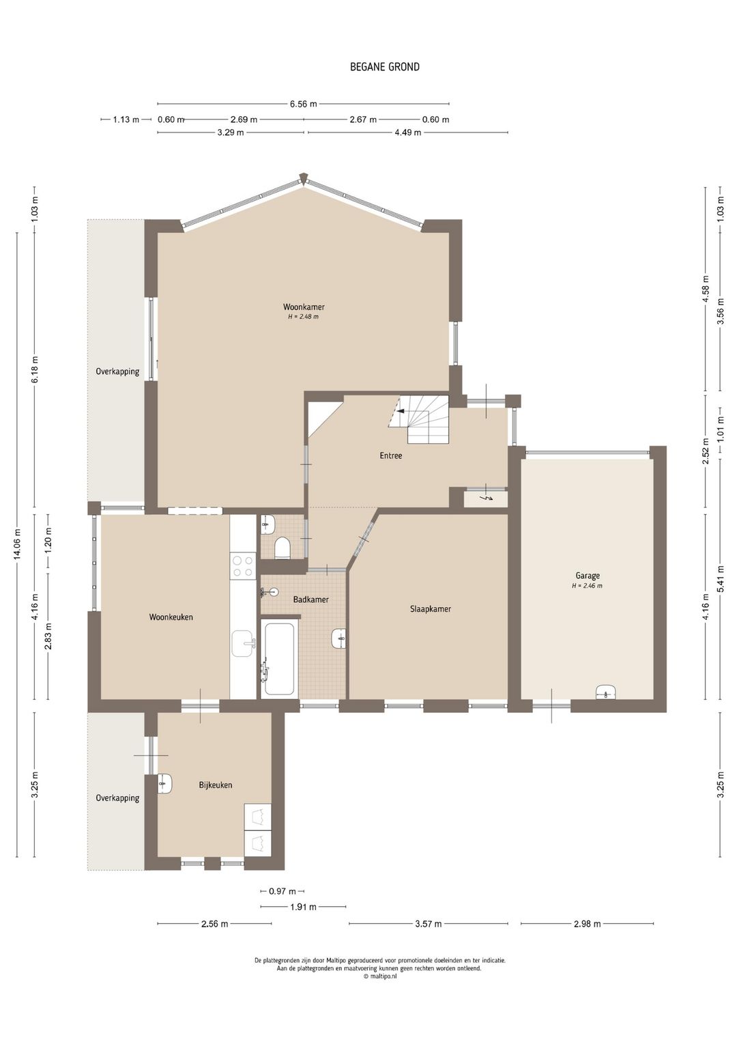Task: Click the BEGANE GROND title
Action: (x=385, y=67)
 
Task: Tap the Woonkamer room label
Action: (x=304, y=307)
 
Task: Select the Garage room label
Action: (x=588, y=576)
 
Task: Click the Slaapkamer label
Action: (x=431, y=609)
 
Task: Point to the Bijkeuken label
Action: (x=215, y=785)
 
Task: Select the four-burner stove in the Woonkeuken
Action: (x=243, y=566)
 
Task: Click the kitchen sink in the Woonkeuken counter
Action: (x=243, y=644)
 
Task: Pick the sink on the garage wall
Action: (x=606, y=692)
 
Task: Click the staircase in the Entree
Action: (x=420, y=419)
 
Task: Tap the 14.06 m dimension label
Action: (x=17, y=544)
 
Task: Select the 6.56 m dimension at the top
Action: (x=303, y=104)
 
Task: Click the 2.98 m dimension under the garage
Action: (x=587, y=924)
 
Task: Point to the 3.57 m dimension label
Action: (x=428, y=924)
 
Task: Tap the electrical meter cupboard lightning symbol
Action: (x=488, y=498)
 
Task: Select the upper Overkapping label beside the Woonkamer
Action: (x=117, y=371)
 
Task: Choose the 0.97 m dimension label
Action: (x=283, y=892)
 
